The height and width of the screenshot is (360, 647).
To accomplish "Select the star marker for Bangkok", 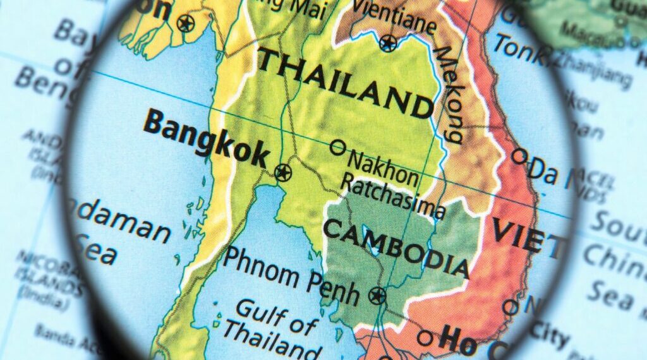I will coord(282,171).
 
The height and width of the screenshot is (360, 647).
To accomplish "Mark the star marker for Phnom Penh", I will coord(377,295).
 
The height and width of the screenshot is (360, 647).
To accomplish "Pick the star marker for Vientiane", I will coord(388,43).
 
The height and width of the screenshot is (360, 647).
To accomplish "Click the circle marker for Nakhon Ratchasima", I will coord(338,147).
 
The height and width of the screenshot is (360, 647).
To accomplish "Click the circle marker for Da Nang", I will coord(519,155).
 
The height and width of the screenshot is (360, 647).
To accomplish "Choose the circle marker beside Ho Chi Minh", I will coord(425,338).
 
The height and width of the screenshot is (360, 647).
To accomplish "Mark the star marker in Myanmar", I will coord(184,24).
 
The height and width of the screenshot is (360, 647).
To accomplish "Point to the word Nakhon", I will coord(382,167).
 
